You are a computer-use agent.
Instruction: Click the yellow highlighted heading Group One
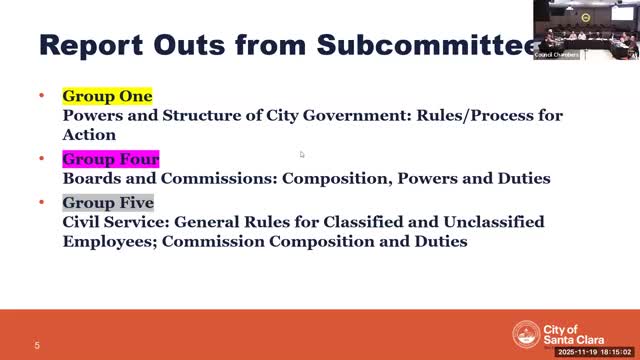click(x=107, y=97)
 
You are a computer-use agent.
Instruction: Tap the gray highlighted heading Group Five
click(x=108, y=203)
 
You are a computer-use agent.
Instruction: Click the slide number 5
click(x=37, y=346)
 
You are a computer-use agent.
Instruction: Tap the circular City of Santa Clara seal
click(x=526, y=334)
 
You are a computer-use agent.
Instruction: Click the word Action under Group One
click(x=89, y=134)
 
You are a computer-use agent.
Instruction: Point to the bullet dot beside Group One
click(x=42, y=97)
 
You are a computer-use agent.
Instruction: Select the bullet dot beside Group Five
click(x=42, y=203)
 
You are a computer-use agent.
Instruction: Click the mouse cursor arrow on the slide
click(x=301, y=153)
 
